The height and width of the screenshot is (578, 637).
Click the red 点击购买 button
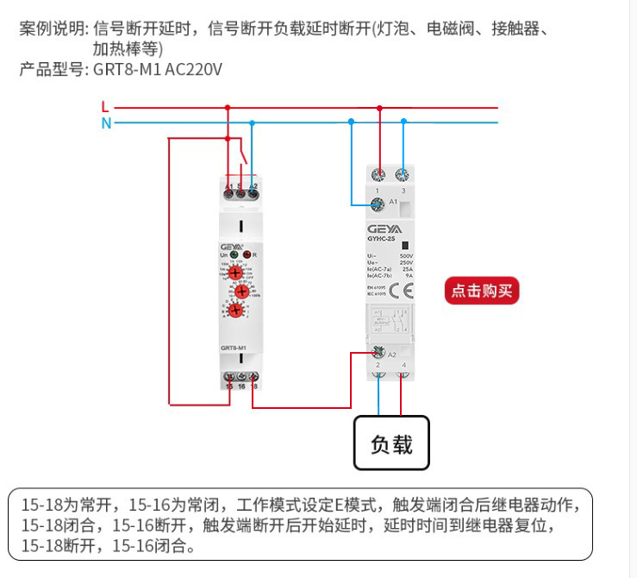(x=482, y=291)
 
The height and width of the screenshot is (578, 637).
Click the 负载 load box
(x=390, y=443)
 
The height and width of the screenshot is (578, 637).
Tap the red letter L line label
(x=105, y=107)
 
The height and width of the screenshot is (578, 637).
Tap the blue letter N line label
(x=106, y=123)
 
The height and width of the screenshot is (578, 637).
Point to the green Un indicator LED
(x=234, y=255)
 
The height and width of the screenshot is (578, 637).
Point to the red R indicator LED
(x=247, y=255)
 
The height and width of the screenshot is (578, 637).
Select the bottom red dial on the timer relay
(x=235, y=311)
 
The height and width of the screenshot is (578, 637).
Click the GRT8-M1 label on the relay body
(x=234, y=348)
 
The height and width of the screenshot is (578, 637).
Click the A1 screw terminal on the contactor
(x=377, y=204)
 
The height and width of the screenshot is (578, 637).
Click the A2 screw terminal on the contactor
(x=378, y=353)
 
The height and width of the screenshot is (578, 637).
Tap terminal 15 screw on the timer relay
(x=229, y=377)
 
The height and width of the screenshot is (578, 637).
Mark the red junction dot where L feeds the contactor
(x=379, y=108)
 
